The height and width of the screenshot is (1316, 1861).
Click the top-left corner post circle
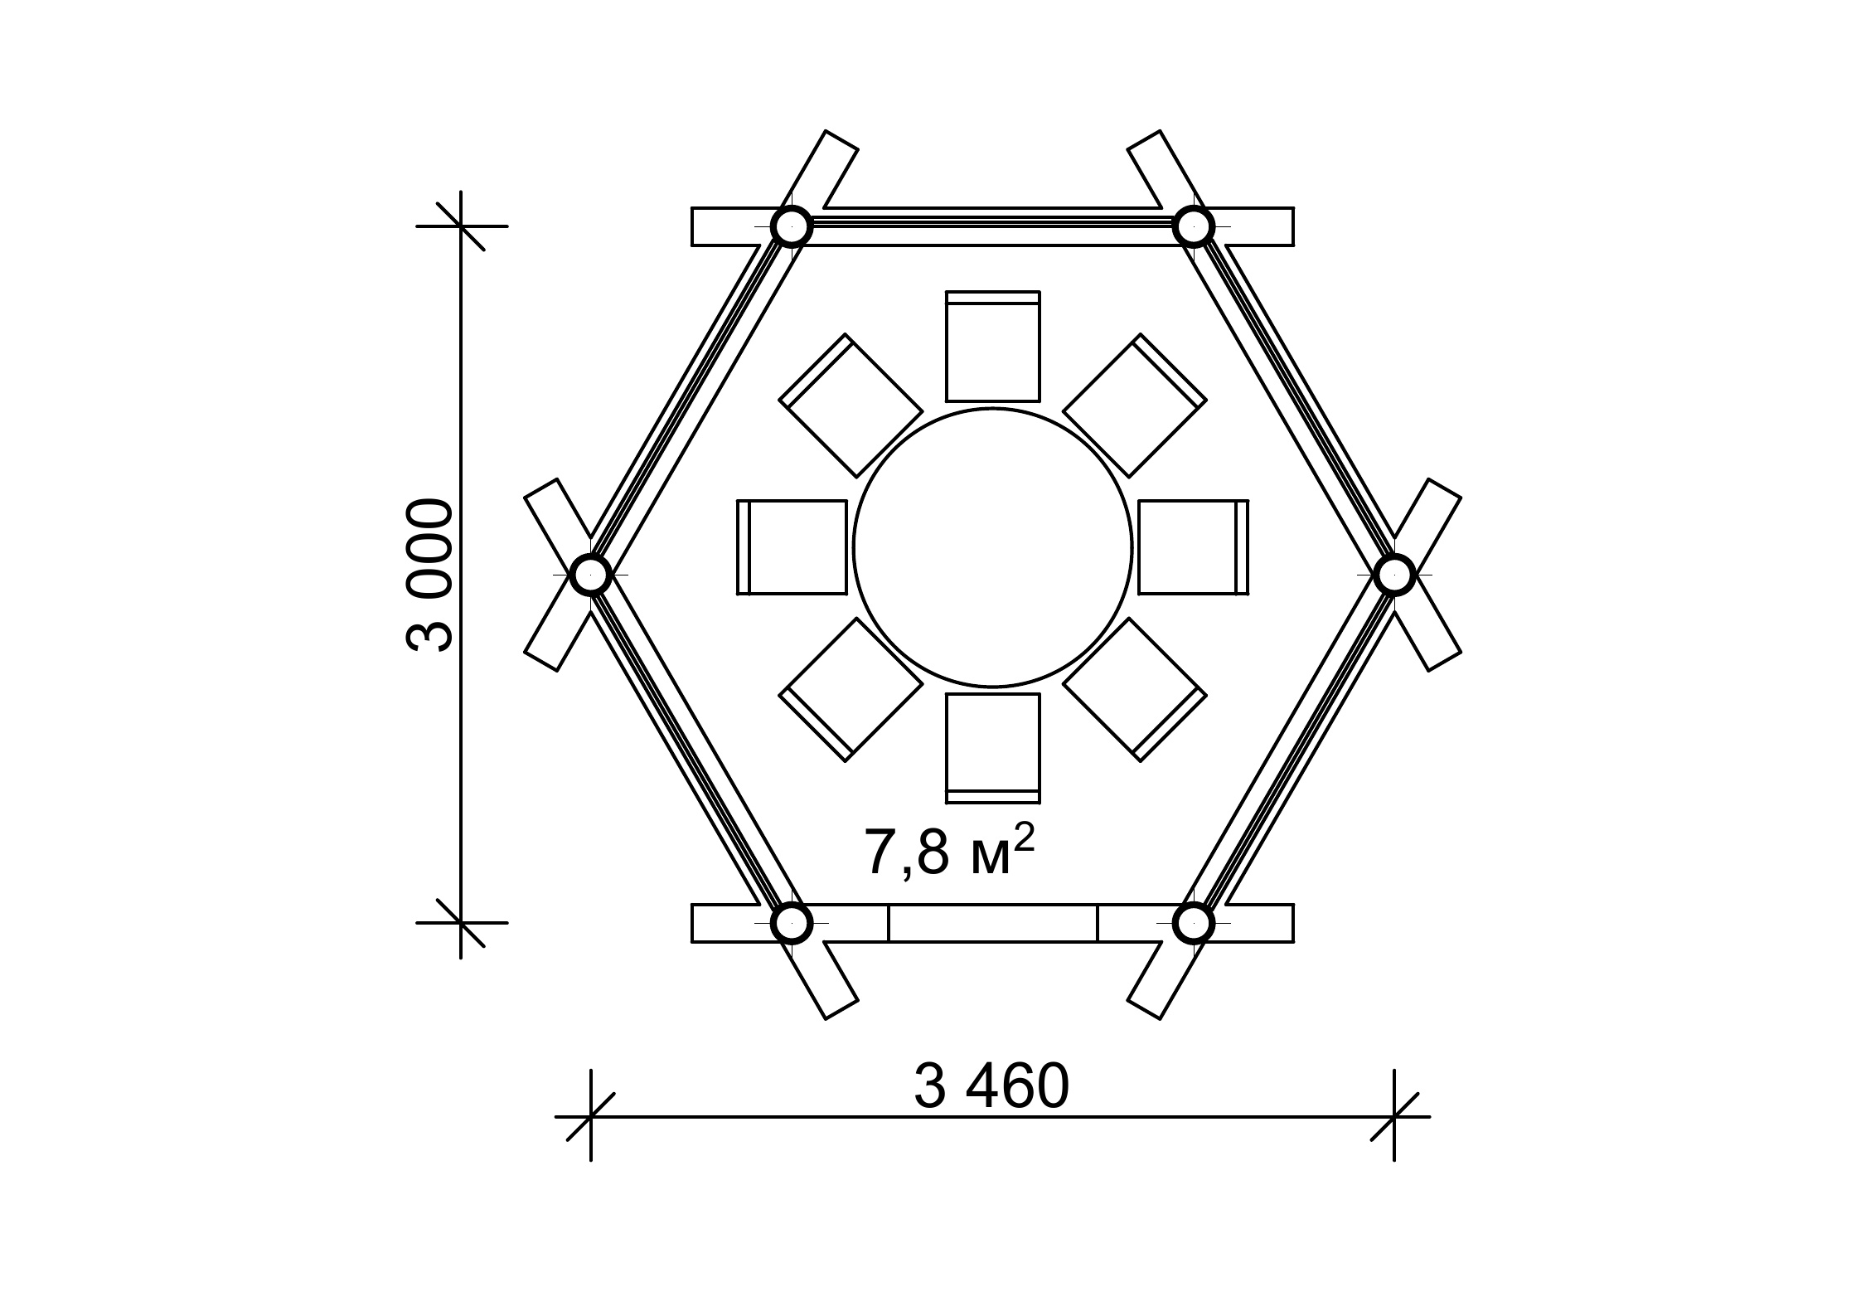(792, 226)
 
